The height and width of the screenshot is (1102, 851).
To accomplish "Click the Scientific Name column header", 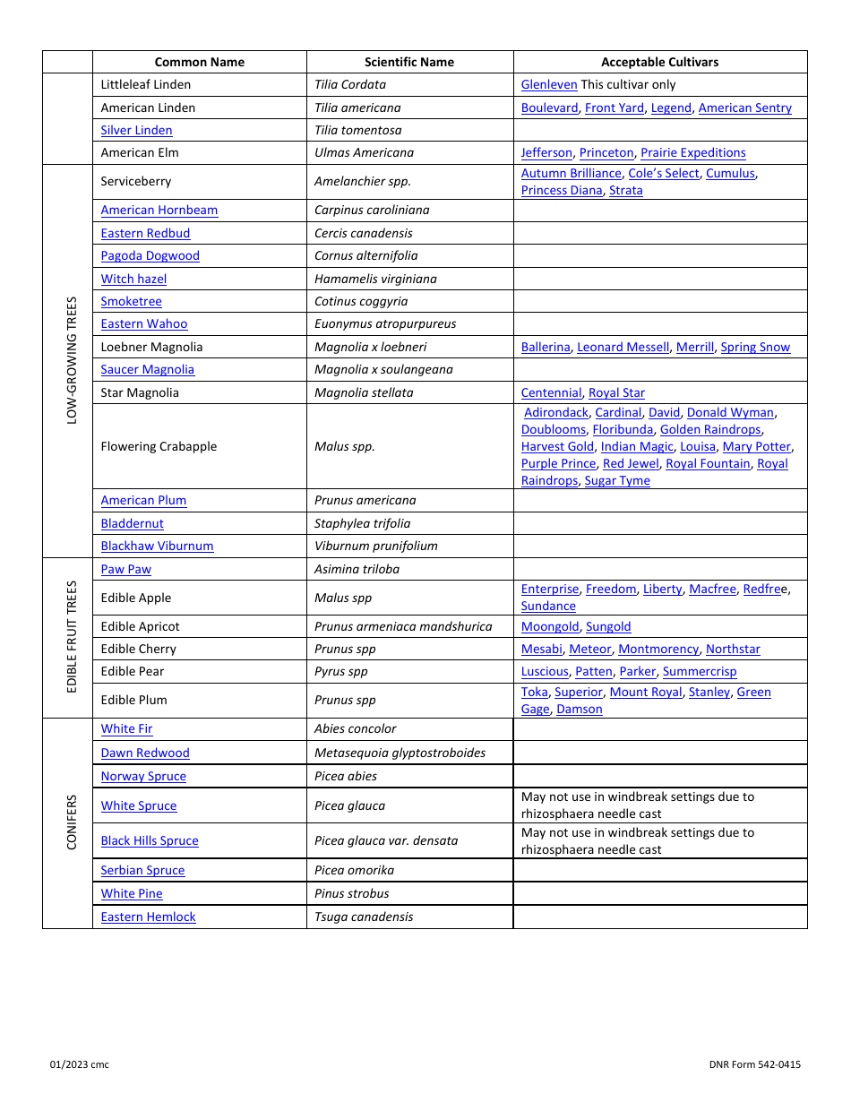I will pos(409,62).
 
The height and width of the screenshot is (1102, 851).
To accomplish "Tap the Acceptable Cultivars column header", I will pos(659,62).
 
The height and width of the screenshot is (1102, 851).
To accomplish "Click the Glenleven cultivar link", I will pos(549,84).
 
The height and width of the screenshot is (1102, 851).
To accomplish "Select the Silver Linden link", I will pos(136,130).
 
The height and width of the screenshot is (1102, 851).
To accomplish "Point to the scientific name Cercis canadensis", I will pos(364,233).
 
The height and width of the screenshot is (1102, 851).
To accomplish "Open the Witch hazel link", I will pos(133,279).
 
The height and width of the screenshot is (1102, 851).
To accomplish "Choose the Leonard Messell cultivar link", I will pos(623,347).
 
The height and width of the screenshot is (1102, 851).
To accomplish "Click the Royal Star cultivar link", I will pos(616,392).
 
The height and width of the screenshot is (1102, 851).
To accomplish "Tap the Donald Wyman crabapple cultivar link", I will pos(730,412).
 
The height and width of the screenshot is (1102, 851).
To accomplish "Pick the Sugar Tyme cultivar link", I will pos(617,480).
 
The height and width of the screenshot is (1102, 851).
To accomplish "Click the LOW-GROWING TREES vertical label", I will pos(72,360).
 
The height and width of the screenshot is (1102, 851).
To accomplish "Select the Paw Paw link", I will pos(126,569).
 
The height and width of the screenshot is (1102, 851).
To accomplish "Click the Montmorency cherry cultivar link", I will pos(658,649).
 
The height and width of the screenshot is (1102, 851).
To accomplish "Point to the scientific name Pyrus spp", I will pos(341,671).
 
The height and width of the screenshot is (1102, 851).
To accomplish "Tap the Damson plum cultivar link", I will pos(580,709).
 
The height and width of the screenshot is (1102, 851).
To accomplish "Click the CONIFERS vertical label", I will pos(72,822).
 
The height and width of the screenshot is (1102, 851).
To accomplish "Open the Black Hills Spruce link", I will pos(150,840).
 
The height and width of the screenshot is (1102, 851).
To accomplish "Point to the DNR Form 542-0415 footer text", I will pos(754,1064).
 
